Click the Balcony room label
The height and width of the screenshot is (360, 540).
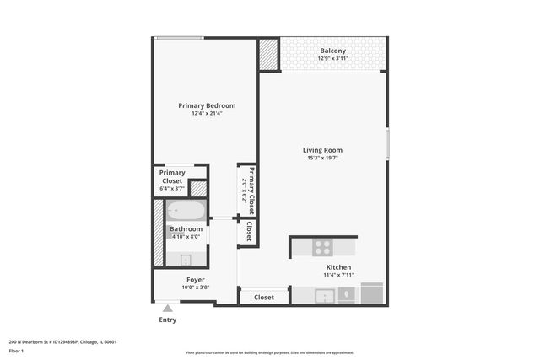332,51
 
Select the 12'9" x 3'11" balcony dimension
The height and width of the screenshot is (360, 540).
332,59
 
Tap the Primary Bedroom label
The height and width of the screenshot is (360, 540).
207,105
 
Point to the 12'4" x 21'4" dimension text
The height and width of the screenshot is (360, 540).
207,114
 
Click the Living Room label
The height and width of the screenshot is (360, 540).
322,150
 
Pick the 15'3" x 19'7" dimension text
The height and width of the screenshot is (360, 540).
322,159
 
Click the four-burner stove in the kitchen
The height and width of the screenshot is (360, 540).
322,247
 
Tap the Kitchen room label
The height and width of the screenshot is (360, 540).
337,267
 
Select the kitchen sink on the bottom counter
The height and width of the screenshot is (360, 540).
322,295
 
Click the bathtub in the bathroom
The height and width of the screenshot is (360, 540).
185,211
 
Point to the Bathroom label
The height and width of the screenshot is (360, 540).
186,228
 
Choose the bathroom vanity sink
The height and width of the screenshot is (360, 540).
185,260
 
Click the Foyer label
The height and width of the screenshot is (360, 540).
196,279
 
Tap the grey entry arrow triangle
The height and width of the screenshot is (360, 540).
168,309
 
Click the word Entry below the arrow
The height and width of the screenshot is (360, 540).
168,320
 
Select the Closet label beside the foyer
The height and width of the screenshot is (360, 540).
264,297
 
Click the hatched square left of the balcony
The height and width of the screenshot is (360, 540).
268,55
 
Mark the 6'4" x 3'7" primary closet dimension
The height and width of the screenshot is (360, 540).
172,188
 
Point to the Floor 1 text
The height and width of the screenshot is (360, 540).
16,351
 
